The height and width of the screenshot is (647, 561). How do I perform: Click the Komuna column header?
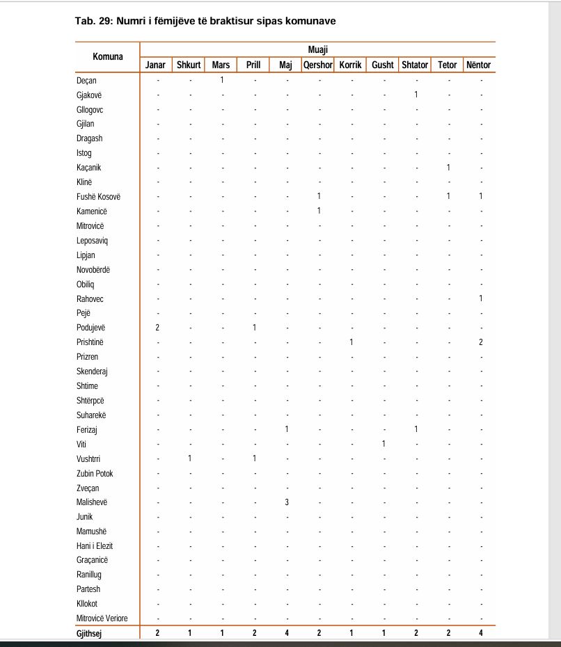click(x=108, y=56)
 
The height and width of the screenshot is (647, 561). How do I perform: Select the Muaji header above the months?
click(x=318, y=50)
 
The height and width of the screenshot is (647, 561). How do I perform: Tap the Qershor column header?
click(x=318, y=65)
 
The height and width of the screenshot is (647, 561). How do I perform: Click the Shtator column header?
click(x=415, y=65)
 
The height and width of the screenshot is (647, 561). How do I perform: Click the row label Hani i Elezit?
click(x=95, y=545)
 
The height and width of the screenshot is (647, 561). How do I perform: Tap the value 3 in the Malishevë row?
click(x=287, y=502)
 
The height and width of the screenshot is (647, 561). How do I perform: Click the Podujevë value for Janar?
click(x=158, y=328)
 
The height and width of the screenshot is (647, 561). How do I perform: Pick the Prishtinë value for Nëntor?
click(x=480, y=342)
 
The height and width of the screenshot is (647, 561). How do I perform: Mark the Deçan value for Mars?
click(x=222, y=80)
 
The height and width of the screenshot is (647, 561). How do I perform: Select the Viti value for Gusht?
click(x=384, y=444)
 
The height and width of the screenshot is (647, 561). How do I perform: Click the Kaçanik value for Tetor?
click(x=448, y=168)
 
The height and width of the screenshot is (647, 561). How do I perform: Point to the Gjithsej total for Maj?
click(x=287, y=633)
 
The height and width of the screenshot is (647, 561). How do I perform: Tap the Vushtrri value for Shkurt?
click(x=190, y=458)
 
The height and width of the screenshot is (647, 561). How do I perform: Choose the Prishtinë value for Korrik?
click(x=351, y=342)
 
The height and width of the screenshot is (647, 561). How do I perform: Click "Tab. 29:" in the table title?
click(x=93, y=21)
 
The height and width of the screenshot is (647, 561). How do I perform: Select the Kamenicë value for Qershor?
click(x=319, y=211)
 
